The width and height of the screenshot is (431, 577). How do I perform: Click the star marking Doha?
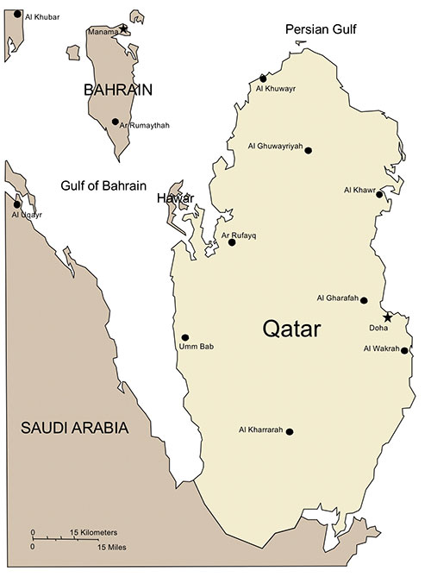pyautogui.click(x=388, y=317)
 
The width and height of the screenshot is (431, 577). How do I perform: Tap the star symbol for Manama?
pyautogui.click(x=123, y=28)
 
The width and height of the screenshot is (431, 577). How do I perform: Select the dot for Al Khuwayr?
pyautogui.click(x=264, y=78)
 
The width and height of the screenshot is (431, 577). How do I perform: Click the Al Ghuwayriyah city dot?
pyautogui.click(x=309, y=150)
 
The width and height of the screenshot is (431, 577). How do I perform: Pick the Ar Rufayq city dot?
pyautogui.click(x=232, y=242)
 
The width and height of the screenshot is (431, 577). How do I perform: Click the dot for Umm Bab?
pyautogui.click(x=185, y=337)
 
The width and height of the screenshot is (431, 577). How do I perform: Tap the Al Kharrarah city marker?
pyautogui.click(x=290, y=431)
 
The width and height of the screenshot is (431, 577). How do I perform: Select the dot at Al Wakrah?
pyautogui.click(x=404, y=350)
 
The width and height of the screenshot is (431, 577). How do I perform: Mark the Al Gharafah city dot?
pyautogui.click(x=364, y=300)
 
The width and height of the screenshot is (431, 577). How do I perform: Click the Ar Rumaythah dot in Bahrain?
pyautogui.click(x=116, y=122)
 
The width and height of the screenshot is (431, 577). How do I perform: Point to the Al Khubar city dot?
pyautogui.click(x=17, y=14)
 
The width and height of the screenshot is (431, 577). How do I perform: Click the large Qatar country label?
pyautogui.click(x=291, y=329)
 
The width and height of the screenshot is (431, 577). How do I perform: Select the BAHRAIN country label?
pyautogui.click(x=118, y=89)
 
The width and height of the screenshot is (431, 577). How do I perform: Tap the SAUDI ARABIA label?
pyautogui.click(x=75, y=428)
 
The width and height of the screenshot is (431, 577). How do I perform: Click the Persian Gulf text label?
pyautogui.click(x=322, y=31)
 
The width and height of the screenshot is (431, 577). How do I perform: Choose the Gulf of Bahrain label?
pyautogui.click(x=103, y=186)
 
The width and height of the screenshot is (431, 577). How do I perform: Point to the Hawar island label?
pyautogui.click(x=174, y=199)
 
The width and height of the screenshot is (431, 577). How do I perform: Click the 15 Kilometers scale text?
pyautogui.click(x=93, y=532)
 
